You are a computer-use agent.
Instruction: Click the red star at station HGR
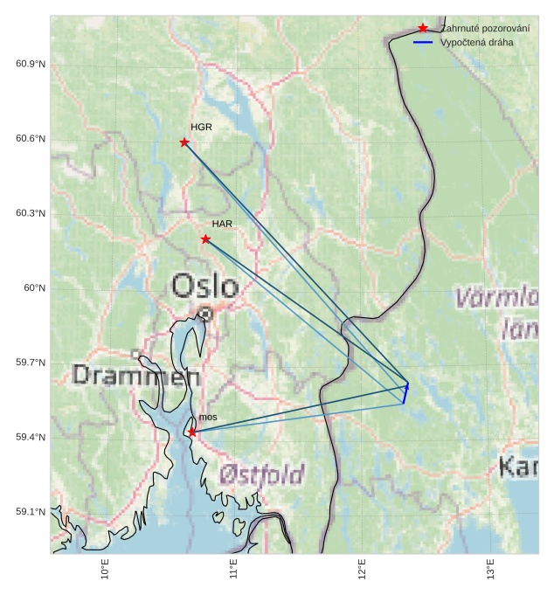click(184, 142)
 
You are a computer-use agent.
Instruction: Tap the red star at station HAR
click(205, 239)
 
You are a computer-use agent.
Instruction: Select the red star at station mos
click(192, 432)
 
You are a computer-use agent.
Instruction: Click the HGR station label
click(201, 128)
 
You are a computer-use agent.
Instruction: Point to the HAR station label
click(222, 225)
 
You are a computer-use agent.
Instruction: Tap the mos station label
click(208, 418)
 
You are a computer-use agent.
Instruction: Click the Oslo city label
click(204, 286)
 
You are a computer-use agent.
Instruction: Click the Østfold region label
click(261, 474)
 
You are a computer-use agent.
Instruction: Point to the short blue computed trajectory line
click(405, 393)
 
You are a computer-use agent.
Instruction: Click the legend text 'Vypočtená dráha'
click(476, 42)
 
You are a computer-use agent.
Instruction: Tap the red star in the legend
click(423, 28)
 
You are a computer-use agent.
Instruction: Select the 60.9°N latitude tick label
click(31, 65)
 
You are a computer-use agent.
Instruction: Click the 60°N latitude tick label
click(34, 288)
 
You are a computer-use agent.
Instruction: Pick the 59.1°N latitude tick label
click(31, 512)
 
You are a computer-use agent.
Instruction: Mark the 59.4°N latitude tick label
click(31, 438)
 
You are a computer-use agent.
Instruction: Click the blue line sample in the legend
click(423, 42)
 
